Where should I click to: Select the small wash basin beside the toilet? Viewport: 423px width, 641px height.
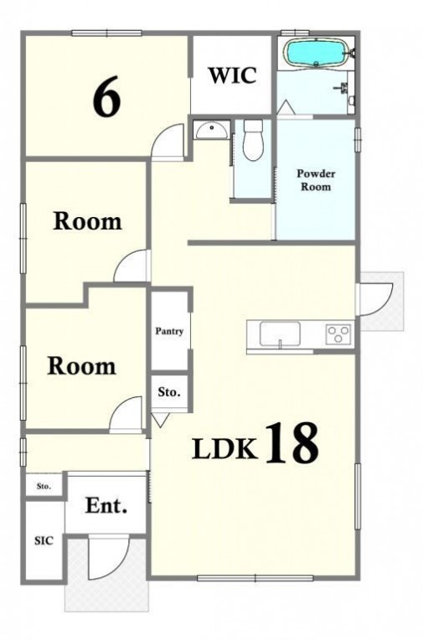click(x=211, y=131)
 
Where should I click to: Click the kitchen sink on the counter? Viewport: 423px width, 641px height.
click(x=280, y=334)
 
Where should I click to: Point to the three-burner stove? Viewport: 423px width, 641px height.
click(x=338, y=334)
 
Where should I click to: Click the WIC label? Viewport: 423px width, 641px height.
click(x=233, y=75)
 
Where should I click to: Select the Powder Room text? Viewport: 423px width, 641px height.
click(x=316, y=180)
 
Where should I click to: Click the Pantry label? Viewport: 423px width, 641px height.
click(x=169, y=331)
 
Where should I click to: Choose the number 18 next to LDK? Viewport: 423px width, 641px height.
click(x=292, y=443)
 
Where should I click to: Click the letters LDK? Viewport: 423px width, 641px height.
click(x=225, y=448)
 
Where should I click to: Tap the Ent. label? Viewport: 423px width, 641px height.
click(x=106, y=506)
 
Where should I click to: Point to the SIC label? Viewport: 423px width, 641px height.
click(x=44, y=540)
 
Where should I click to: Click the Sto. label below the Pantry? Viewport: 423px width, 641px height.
click(x=169, y=392)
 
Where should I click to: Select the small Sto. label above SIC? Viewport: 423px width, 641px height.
click(x=44, y=487)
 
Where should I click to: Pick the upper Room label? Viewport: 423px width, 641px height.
click(x=87, y=221)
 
